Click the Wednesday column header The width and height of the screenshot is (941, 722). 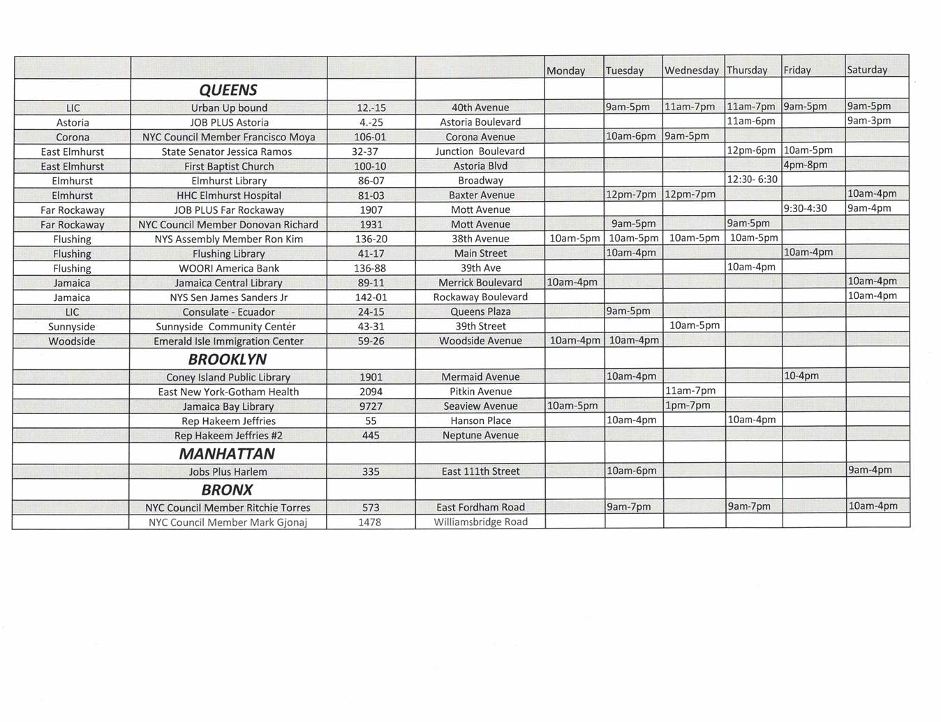pyautogui.click(x=691, y=71)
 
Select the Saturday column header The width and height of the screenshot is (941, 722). pyautogui.click(x=867, y=70)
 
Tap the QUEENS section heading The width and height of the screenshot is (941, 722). pyautogui.click(x=228, y=90)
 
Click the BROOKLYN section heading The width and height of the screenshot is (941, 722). pyautogui.click(x=228, y=360)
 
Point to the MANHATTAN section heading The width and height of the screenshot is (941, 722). pyautogui.click(x=227, y=454)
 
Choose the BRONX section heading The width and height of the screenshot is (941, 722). pyautogui.click(x=227, y=490)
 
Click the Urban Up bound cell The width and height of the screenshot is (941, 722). pyautogui.click(x=229, y=108)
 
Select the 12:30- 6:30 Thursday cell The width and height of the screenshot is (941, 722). pyautogui.click(x=752, y=179)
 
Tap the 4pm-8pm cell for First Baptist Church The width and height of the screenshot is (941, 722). pyautogui.click(x=806, y=165)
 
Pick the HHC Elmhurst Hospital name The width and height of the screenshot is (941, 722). pyautogui.click(x=229, y=196)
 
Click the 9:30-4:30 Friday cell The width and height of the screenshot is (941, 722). pyautogui.click(x=805, y=208)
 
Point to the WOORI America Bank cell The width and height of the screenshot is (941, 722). pyautogui.click(x=229, y=268)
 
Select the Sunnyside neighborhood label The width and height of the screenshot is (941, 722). pyautogui.click(x=72, y=327)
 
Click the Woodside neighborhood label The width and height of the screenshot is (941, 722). pyautogui.click(x=72, y=341)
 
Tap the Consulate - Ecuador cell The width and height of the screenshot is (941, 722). pyautogui.click(x=229, y=312)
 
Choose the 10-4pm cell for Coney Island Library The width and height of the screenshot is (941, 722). pyautogui.click(x=801, y=376)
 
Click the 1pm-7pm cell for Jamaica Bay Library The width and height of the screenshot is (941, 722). pyautogui.click(x=688, y=405)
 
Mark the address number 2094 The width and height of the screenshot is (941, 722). pyautogui.click(x=371, y=392)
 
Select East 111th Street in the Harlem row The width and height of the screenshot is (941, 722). pyautogui.click(x=480, y=471)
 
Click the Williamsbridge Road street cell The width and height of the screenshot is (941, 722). pyautogui.click(x=480, y=522)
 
